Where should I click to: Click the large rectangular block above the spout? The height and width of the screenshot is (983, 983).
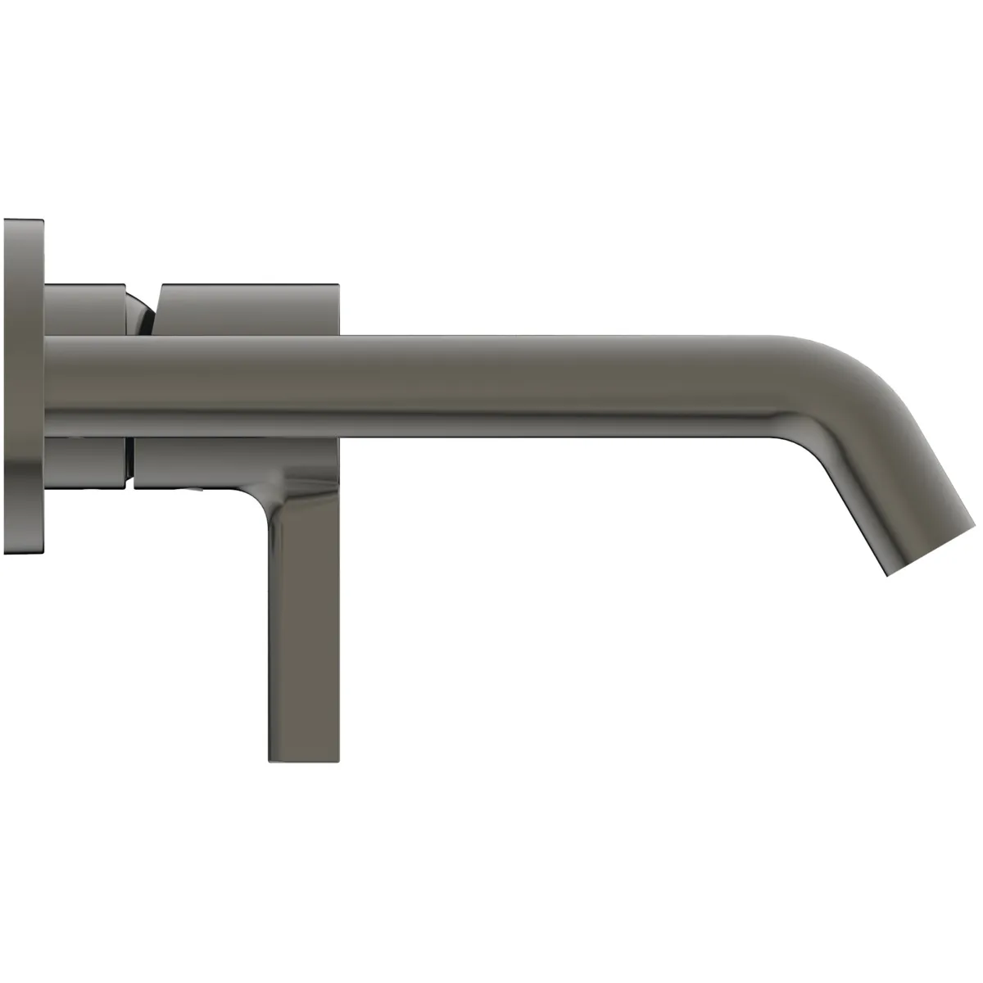click(246, 310)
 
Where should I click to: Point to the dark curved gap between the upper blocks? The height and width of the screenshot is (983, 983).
click(144, 311)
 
